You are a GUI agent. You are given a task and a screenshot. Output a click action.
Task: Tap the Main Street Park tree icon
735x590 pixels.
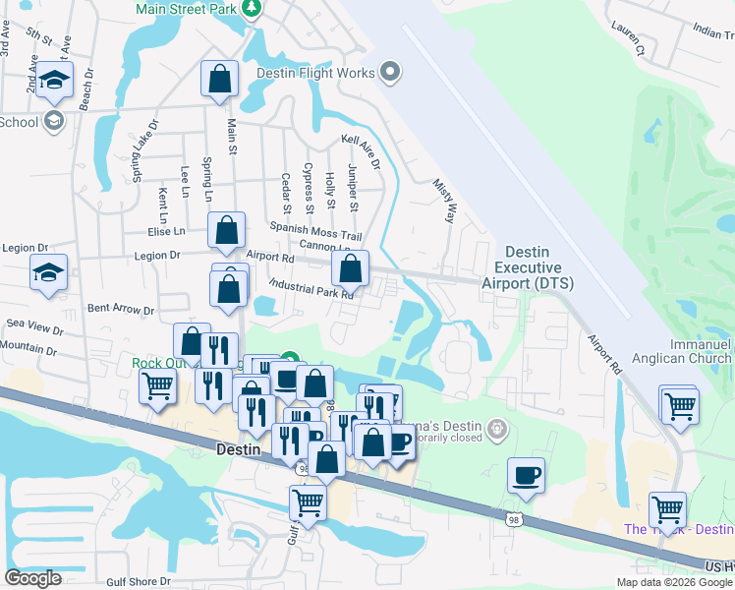pos(253,8)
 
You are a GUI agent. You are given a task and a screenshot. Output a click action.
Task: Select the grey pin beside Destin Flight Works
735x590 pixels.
pos(391,72)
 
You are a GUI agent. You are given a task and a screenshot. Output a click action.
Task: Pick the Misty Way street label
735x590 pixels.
pos(445,199)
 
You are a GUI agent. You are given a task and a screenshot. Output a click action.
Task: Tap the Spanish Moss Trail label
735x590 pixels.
pos(316,231)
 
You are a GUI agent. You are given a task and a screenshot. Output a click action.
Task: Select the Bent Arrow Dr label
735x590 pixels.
pos(121,309)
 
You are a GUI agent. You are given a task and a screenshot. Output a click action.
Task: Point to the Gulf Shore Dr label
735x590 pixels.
pos(140,582)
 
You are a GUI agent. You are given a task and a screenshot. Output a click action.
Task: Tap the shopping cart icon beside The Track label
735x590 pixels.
pos(667,510)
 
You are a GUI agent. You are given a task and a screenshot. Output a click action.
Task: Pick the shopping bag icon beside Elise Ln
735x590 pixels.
pos(227,230)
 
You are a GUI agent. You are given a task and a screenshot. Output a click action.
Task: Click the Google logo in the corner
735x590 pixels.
pos(32,578)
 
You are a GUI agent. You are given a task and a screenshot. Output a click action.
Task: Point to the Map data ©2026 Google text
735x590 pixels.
pos(674,582)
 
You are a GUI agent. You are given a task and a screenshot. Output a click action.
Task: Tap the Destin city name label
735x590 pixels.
pos(237,447)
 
